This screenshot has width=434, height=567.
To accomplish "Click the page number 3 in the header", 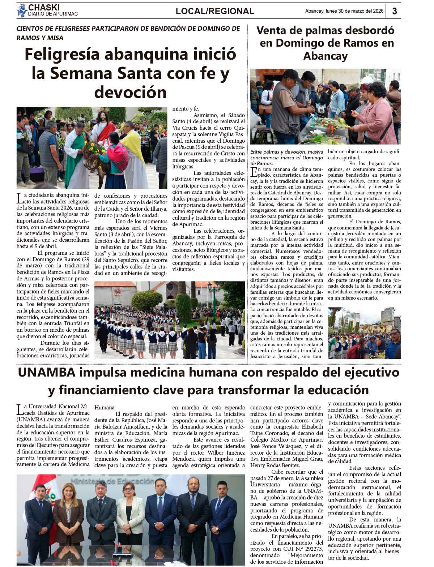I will coord(394,11).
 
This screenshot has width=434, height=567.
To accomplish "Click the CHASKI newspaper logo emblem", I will coord(22,10).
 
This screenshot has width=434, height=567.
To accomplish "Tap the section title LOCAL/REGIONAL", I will coord(215,11).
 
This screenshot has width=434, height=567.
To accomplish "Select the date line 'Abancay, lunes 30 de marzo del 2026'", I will coord(344,11).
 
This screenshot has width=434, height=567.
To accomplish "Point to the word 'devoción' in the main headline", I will coord(130,92).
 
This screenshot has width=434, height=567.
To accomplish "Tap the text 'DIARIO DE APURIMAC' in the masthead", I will coord(53,14).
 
